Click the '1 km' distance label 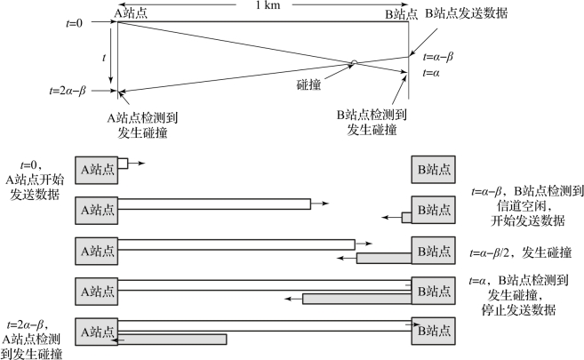coord(264,7)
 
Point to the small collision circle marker coord(354,62)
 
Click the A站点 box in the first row coord(97,169)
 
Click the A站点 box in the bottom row coord(97,331)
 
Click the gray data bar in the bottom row coord(172,339)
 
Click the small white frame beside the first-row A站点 coord(123,164)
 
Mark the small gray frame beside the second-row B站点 coord(406,217)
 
